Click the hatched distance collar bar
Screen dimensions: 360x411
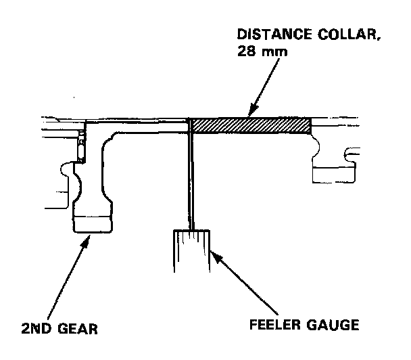click(251, 125)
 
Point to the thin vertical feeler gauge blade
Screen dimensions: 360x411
click(192, 176)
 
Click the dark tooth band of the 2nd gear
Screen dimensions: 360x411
click(93, 223)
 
